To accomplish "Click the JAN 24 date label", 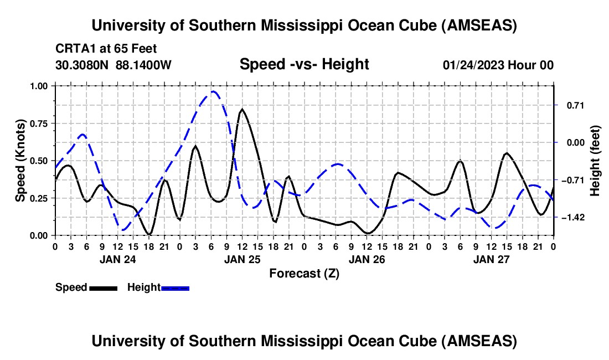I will tap(118, 259).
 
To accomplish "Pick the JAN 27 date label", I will tap(491, 259).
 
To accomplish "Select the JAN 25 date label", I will tap(242, 259).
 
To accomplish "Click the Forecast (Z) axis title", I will tap(304, 273).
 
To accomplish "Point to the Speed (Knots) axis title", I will tap(20, 160).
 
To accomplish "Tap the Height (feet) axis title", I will tap(596, 161).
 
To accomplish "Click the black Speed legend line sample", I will tap(103, 288).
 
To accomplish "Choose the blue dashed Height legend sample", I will tap(176, 288).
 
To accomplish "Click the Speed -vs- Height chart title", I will tap(304, 64).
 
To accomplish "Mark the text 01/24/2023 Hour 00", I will tap(498, 65).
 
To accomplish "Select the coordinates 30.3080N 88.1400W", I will tap(113, 65).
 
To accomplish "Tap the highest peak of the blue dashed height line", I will tap(213, 91).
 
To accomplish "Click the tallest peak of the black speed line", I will tap(241, 109).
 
